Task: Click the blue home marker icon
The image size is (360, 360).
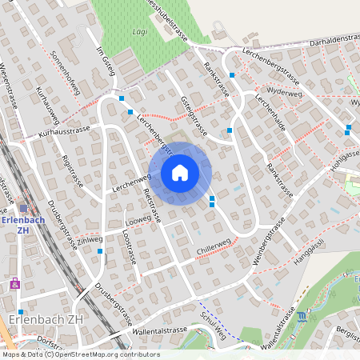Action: (180, 172)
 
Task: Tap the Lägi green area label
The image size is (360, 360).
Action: (138, 32)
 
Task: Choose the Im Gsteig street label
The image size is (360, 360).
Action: (106, 62)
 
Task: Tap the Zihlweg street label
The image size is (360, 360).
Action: (90, 239)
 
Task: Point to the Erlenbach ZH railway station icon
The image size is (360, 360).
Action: (24, 208)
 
